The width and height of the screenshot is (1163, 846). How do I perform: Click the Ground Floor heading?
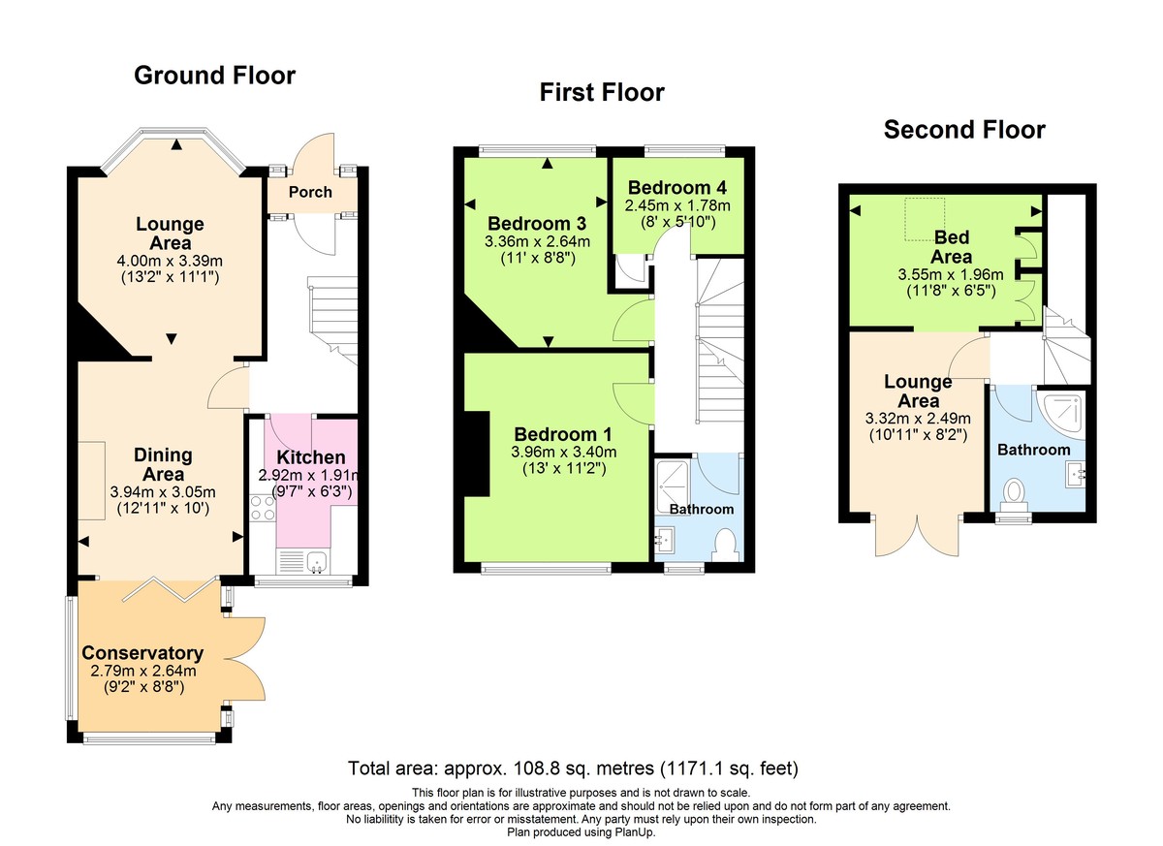pos(214,76)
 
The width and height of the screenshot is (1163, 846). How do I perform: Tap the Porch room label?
pos(310,192)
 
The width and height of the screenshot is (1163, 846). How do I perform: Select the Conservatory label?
pos(142,653)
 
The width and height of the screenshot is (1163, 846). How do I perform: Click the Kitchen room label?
pos(310,457)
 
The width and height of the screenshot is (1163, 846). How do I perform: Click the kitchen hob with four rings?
pos(262,508)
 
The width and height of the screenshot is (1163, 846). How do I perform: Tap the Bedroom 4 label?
pos(676,188)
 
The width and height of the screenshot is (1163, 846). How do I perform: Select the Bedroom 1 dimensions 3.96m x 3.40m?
pos(565,452)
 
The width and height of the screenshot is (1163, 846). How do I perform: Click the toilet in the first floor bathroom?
pos(724,543)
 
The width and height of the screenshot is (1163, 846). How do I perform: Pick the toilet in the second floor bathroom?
pos(1015,493)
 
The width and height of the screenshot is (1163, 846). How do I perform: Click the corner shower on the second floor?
pos(1060,411)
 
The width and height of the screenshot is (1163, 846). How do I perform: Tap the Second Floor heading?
pos(964,130)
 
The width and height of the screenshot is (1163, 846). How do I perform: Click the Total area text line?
pos(573,769)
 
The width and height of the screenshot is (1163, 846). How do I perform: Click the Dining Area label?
pos(163,465)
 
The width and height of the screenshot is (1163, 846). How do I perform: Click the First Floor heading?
pos(602,93)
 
